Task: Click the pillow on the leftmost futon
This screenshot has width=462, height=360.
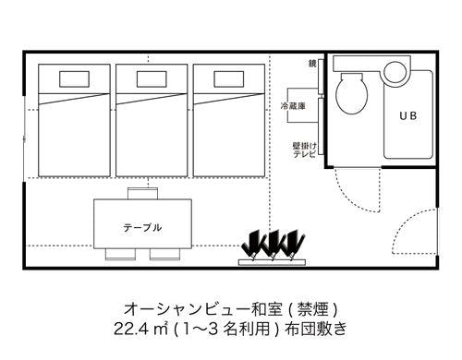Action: (74, 79)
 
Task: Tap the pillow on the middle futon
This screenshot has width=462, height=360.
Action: (152, 79)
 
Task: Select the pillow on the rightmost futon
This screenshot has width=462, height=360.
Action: (229, 79)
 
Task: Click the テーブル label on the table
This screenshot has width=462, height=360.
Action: (142, 228)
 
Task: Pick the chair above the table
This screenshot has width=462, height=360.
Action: (142, 194)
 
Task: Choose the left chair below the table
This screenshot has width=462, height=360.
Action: (120, 254)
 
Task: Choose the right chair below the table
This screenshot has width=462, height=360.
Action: (165, 254)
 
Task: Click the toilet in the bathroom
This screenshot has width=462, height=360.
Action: (351, 93)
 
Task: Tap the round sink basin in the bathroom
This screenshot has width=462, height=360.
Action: (395, 72)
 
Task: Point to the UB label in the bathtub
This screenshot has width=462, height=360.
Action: (407, 115)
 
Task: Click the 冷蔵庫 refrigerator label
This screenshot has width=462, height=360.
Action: (293, 106)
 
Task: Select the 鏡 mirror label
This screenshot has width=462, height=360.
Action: (312, 64)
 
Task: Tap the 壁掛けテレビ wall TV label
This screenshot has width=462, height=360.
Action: (304, 150)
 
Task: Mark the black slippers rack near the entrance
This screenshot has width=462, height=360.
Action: (273, 247)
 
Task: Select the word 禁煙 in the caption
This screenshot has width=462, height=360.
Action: (312, 309)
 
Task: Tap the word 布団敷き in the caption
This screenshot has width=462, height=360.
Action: (316, 329)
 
